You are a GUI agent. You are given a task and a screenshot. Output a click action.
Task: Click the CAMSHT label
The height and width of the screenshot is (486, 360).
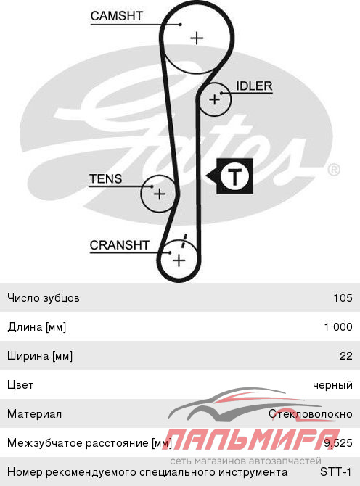coord(116,16)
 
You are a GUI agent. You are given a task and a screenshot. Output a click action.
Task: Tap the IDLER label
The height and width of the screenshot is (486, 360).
coord(254,86)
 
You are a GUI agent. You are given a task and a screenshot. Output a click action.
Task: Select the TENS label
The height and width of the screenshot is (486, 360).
coord(106,179)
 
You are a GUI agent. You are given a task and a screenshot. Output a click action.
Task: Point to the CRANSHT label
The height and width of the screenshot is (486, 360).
coord(120,245)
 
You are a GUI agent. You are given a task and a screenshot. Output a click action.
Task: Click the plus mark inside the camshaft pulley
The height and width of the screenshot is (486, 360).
coord(197,38)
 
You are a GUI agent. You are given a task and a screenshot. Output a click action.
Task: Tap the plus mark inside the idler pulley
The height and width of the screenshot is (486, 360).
coord(214,100)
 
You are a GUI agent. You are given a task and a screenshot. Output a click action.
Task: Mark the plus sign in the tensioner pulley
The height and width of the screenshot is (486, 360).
coord(160,194)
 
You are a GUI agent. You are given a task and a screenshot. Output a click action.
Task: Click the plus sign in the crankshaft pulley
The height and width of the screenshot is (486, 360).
coord(179,260)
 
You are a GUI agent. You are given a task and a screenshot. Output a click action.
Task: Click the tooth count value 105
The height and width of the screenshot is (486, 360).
coord(343,298)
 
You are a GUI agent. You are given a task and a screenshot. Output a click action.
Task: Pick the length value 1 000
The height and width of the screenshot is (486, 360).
coord(338,326)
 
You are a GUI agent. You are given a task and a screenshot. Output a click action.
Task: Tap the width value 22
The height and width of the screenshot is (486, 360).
coord(346,356)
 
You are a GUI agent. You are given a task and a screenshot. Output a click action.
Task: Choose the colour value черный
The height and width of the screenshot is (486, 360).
coord(332,385)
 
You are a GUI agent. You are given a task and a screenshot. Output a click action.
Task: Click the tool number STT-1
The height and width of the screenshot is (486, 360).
coord(336,472)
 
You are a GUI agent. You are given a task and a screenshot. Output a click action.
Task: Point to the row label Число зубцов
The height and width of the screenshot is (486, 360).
coord(44,298)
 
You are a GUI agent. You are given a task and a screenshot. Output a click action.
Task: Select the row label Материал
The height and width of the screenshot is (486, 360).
coord(34,414)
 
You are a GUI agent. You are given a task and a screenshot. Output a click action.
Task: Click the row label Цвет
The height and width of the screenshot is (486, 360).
coord(20,385)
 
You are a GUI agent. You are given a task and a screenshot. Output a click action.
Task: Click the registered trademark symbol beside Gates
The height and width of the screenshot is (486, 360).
coord(334,170)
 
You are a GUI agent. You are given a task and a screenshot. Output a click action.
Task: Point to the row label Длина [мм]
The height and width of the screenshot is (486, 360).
coord(37,327)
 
